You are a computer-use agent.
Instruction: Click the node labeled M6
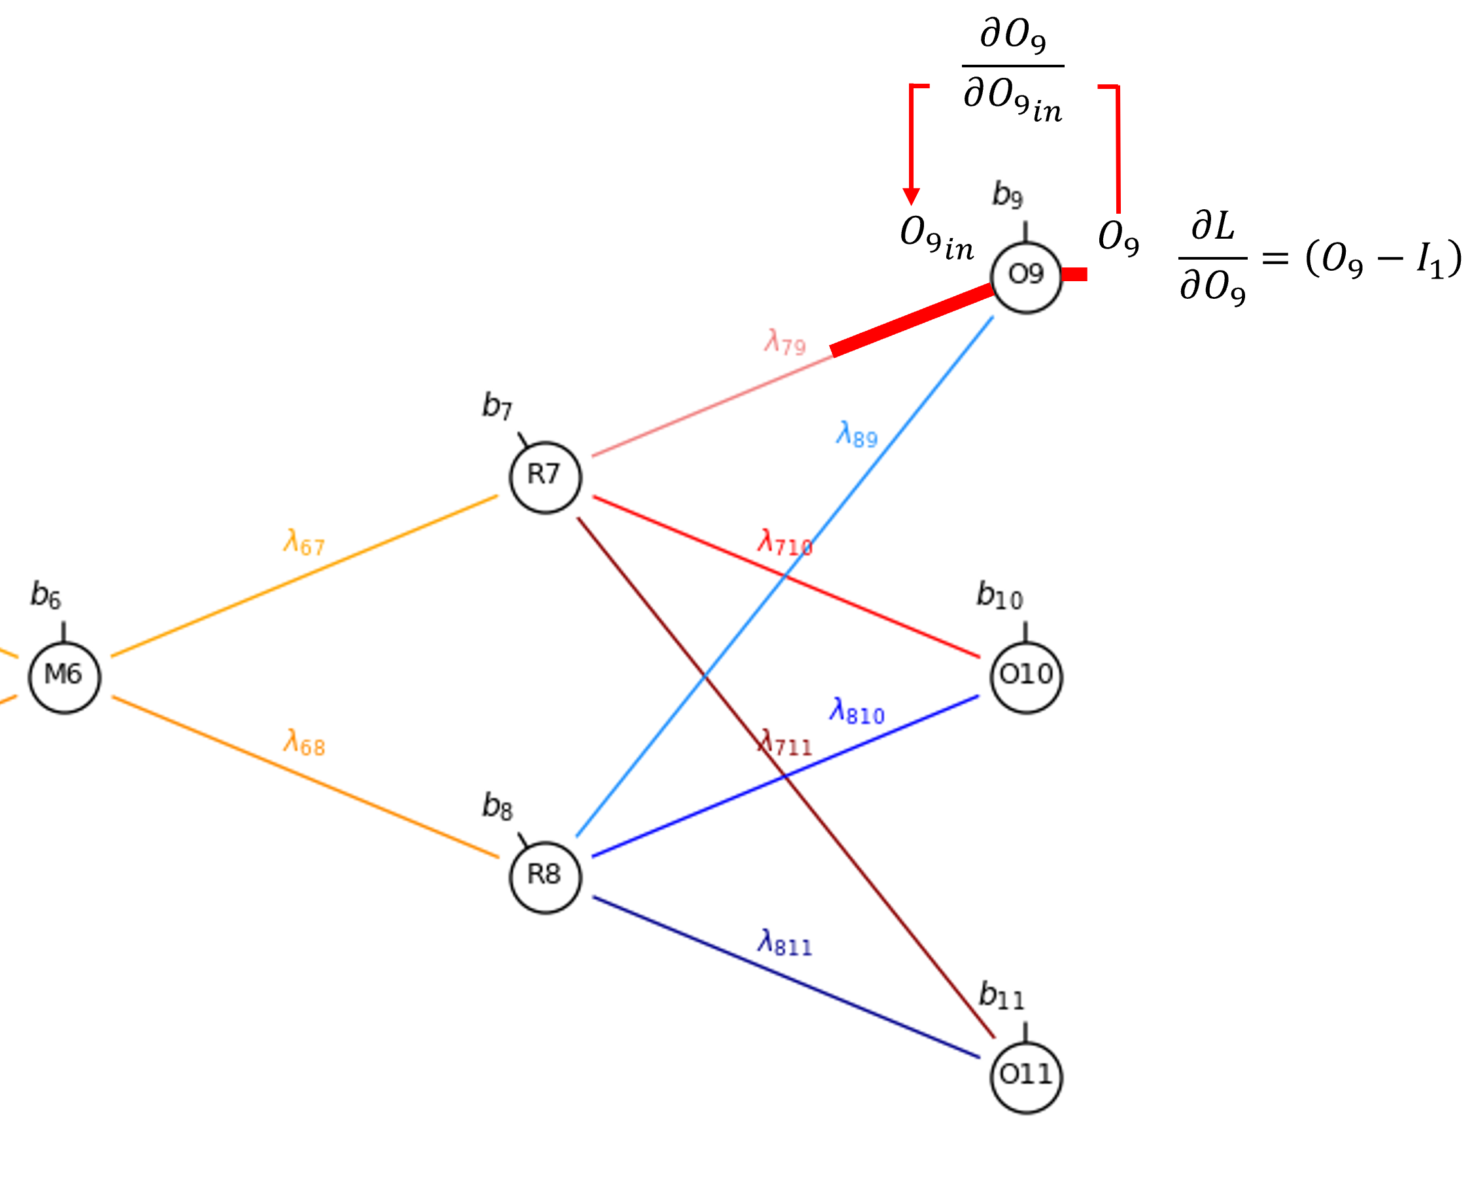tap(65, 678)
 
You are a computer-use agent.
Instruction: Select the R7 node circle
tap(545, 477)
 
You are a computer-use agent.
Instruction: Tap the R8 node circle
tap(545, 878)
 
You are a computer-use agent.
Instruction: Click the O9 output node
tap(1026, 277)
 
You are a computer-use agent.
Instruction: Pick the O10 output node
tap(1026, 677)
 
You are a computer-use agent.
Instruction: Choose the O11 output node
tap(1026, 1078)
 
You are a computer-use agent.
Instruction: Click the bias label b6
tap(46, 594)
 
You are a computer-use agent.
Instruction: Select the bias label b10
tap(1000, 594)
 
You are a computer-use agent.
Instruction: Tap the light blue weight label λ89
tap(857, 435)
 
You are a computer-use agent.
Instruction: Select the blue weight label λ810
tap(857, 711)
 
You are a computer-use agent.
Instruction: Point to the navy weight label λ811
tap(785, 943)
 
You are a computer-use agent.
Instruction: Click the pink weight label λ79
tap(785, 343)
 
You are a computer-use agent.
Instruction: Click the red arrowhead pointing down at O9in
tap(912, 196)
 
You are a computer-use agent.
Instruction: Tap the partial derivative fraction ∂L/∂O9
tap(1213, 258)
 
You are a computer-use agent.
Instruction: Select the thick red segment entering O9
tap(913, 320)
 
